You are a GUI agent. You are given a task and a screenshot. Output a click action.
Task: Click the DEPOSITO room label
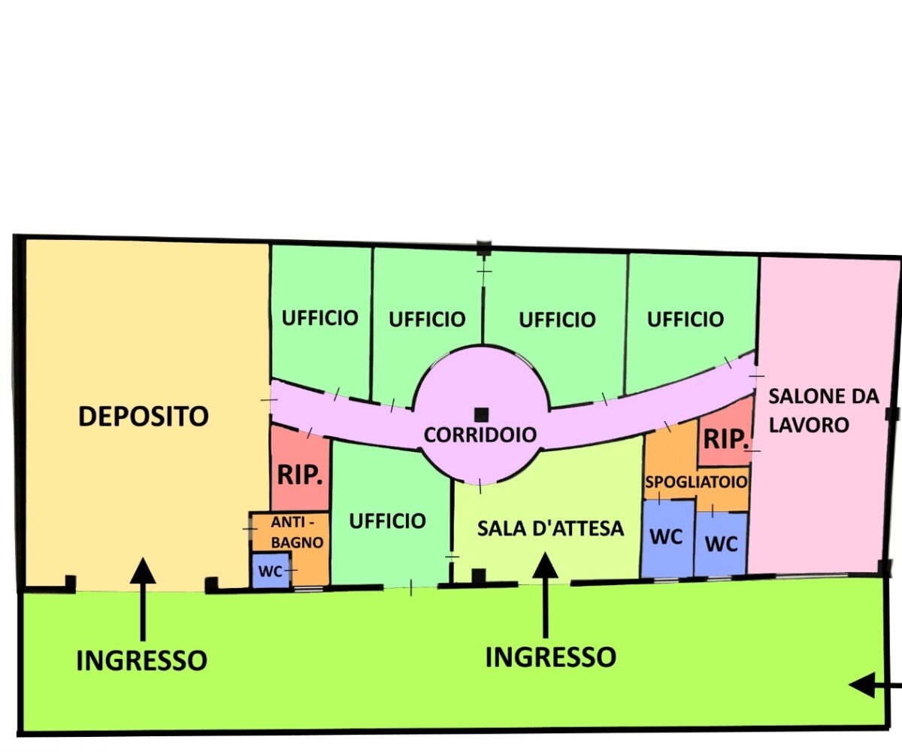[143, 415]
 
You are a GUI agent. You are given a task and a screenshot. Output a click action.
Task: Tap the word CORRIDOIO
[480, 435]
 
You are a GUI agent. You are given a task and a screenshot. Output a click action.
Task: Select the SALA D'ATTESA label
[551, 528]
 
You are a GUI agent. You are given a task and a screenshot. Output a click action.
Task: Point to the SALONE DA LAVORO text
[823, 410]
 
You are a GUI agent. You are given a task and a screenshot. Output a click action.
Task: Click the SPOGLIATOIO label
[696, 481]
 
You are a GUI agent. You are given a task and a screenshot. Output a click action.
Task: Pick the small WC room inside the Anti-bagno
[271, 572]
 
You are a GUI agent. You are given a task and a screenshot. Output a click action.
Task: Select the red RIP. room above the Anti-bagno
[300, 474]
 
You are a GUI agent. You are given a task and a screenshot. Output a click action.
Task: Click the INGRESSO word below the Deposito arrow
[141, 660]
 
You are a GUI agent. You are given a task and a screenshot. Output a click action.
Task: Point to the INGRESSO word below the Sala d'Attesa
[550, 656]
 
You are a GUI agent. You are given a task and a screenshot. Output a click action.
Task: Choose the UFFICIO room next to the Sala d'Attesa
[388, 520]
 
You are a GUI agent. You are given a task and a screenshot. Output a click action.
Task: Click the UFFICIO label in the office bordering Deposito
[319, 317]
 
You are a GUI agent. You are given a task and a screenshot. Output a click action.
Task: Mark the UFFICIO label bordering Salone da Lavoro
[686, 319]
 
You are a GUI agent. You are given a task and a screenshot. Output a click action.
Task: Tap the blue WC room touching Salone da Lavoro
[722, 543]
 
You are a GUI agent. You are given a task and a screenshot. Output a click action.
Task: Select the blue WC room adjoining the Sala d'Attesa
[666, 537]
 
